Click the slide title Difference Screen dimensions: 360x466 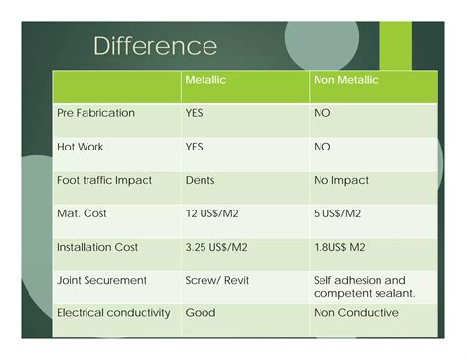tap(155, 46)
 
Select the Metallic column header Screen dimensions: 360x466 tap(205, 80)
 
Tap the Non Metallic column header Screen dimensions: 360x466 tap(345, 80)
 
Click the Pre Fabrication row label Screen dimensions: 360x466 tap(95, 113)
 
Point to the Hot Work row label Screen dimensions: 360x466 tap(81, 147)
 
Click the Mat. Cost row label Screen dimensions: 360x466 tap(83, 213)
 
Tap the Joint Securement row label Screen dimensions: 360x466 tap(102, 280)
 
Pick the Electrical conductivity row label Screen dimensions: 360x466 tap(114, 313)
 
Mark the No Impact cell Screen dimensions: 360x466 tap(340, 180)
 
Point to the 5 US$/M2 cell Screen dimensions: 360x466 tap(337, 213)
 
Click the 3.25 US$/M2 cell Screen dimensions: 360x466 tap(217, 247)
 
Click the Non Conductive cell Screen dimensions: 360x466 tap(356, 313)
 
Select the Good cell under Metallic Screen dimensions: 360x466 tap(200, 313)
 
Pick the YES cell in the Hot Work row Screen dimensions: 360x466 tap(195, 147)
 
